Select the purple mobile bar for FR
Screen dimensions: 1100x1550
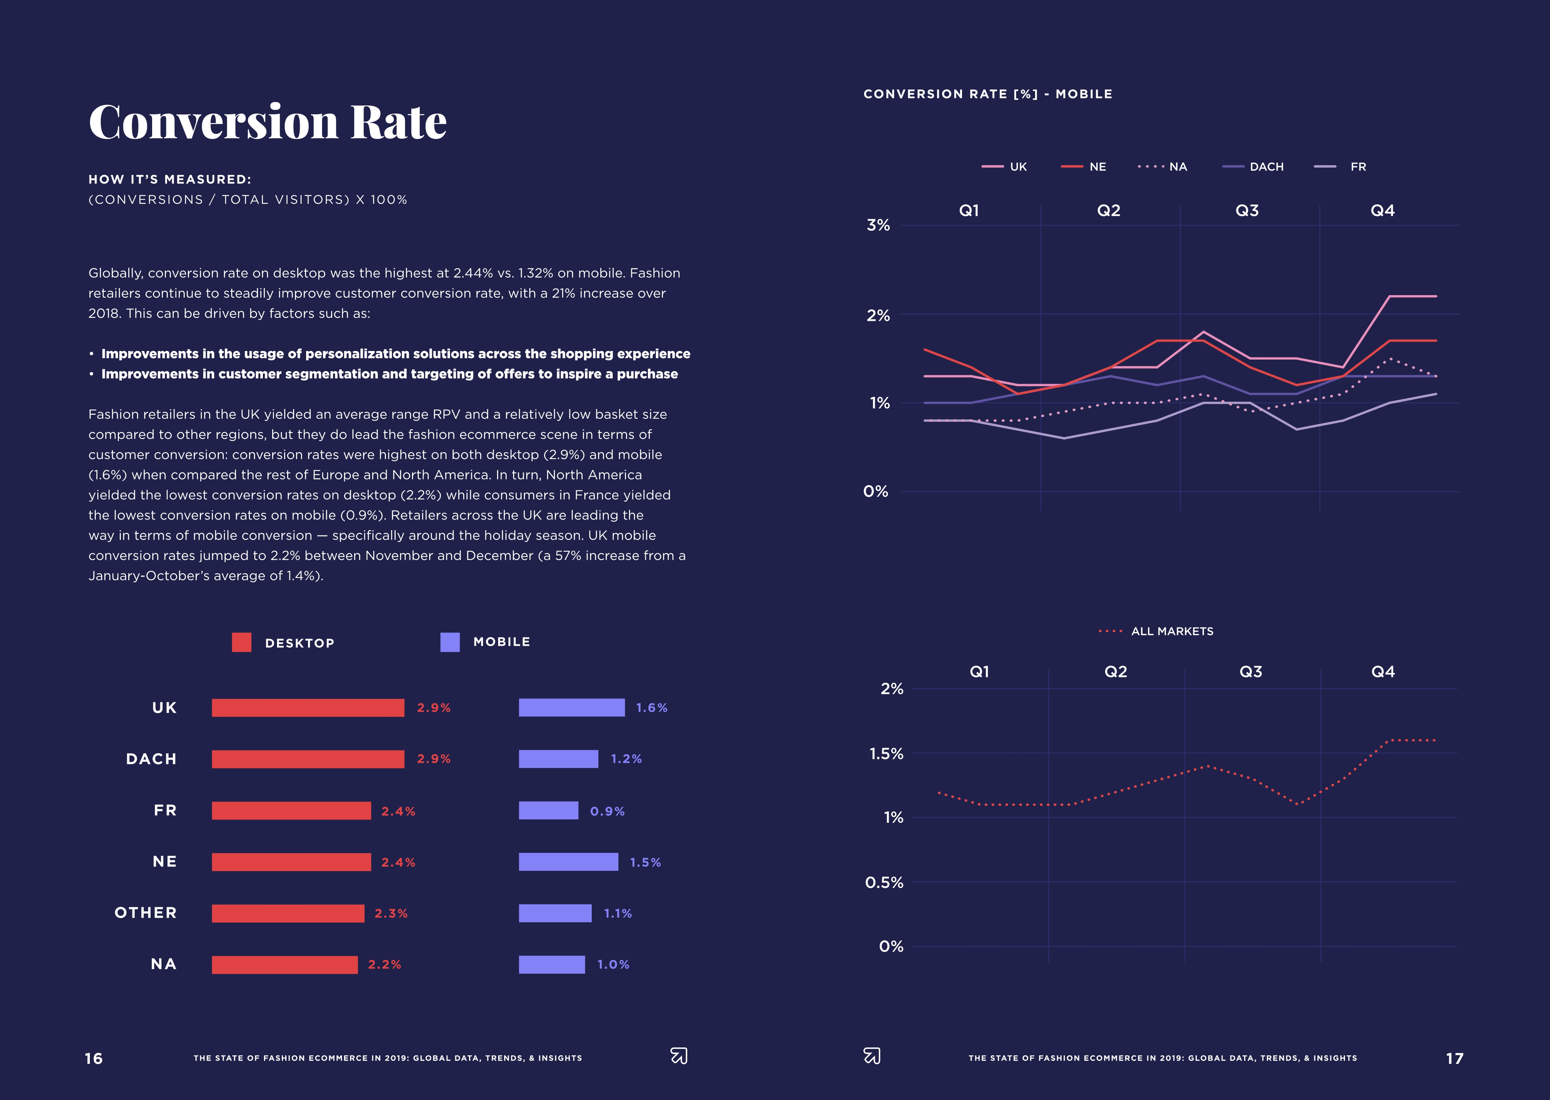(548, 811)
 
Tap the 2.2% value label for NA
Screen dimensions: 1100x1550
(384, 964)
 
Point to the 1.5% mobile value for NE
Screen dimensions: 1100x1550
(645, 862)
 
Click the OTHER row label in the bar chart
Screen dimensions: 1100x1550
(146, 913)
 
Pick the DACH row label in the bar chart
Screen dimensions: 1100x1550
(151, 759)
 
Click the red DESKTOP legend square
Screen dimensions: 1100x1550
(241, 642)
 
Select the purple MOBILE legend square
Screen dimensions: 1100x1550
(450, 642)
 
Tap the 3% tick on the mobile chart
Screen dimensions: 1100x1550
(878, 225)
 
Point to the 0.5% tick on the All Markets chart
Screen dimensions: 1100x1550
(884, 883)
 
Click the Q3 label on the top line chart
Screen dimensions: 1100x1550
(1247, 211)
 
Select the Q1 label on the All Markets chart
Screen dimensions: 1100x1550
(980, 672)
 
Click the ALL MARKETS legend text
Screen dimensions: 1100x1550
(1172, 631)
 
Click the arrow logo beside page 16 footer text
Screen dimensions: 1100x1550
(678, 1056)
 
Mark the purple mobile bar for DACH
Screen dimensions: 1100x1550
(559, 759)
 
